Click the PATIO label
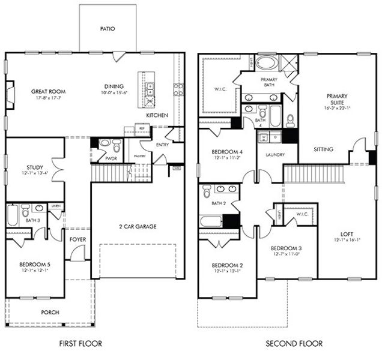108,28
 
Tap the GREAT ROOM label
48,92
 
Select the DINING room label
114,86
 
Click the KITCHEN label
157,115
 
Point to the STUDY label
34,167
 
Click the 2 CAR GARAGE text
138,226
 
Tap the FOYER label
77,239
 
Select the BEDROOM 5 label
34,264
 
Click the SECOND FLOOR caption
294,344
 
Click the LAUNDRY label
271,154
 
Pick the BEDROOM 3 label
286,248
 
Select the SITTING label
323,149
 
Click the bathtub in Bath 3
13,214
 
